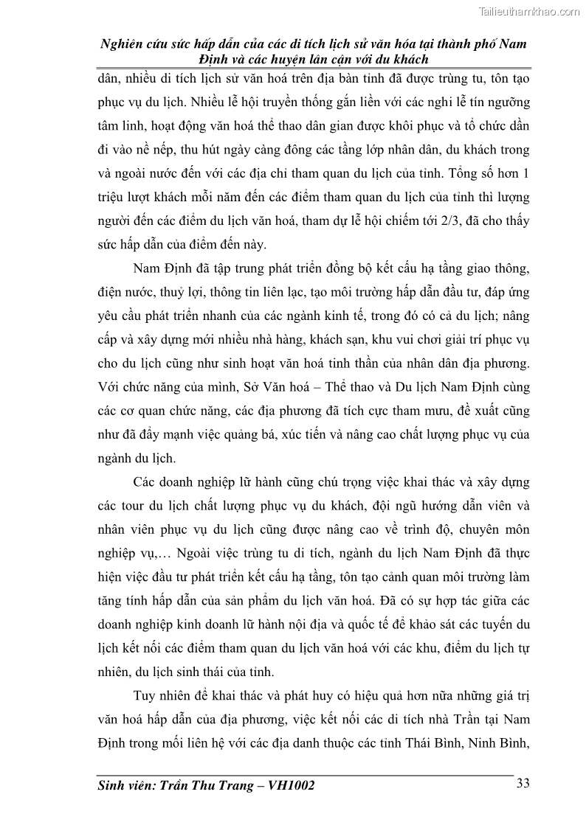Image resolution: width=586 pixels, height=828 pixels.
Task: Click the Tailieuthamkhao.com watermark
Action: (x=530, y=11)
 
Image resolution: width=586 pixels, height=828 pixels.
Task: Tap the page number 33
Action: (x=523, y=783)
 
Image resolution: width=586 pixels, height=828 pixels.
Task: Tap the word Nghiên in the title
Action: (x=123, y=44)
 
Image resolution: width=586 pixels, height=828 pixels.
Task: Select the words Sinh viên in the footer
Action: (x=127, y=786)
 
